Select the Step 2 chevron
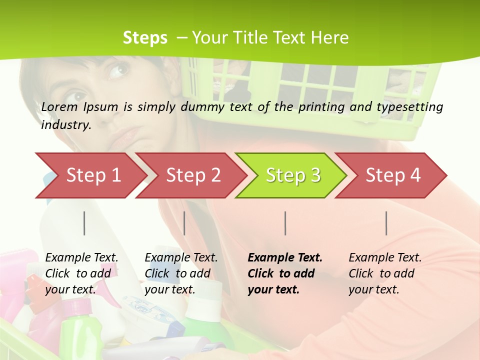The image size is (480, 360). pyautogui.click(x=192, y=175)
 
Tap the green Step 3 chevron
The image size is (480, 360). pyautogui.click(x=292, y=175)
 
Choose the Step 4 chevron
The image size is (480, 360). pyautogui.click(x=392, y=175)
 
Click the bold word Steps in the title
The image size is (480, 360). pyautogui.click(x=145, y=37)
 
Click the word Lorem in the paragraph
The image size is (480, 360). pyautogui.click(x=59, y=106)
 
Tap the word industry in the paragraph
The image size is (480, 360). pyautogui.click(x=65, y=124)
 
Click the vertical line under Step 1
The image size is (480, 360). pyautogui.click(x=84, y=223)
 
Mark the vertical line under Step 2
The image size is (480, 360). pyautogui.click(x=184, y=223)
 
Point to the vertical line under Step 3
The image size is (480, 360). pyautogui.click(x=285, y=223)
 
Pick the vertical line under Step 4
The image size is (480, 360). pyautogui.click(x=386, y=223)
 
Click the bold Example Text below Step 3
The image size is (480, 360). pyautogui.click(x=285, y=257)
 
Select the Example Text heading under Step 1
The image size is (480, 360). pyautogui.click(x=81, y=257)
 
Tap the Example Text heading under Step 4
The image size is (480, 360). pyautogui.click(x=385, y=257)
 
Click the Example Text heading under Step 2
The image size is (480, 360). pyautogui.click(x=181, y=257)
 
